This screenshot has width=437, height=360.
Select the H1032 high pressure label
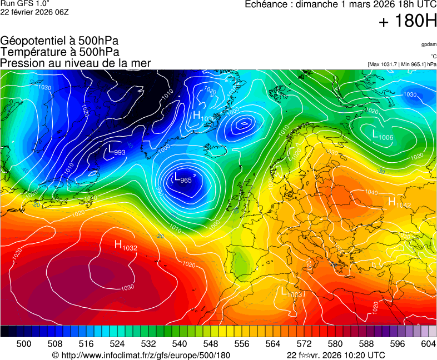pyautogui.click(x=126, y=245)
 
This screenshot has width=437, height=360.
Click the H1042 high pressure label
pyautogui.click(x=399, y=203)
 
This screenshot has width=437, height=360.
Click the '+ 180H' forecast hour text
pyautogui.click(x=408, y=22)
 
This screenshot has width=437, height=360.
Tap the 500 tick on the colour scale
pyautogui.click(x=24, y=344)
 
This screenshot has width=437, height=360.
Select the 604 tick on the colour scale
pyautogui.click(x=428, y=344)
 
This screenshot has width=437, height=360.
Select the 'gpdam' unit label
pyautogui.click(x=428, y=44)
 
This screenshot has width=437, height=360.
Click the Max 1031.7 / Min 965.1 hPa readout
pyautogui.click(x=402, y=64)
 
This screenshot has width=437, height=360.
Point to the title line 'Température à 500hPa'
pyautogui.click(x=59, y=52)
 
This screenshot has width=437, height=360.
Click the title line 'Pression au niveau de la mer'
pyautogui.click(x=76, y=63)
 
